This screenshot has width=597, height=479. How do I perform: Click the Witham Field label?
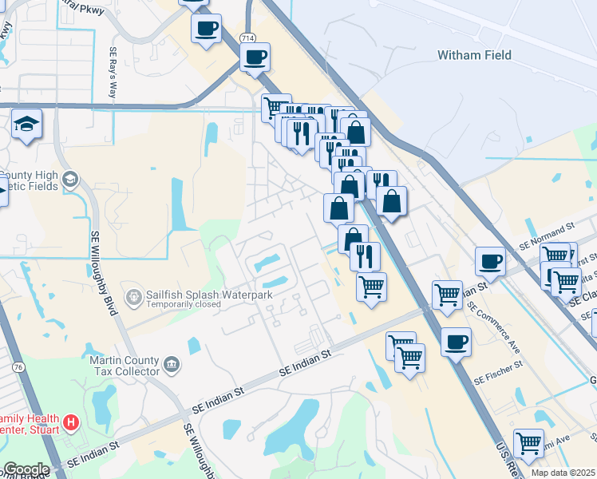point(474,55)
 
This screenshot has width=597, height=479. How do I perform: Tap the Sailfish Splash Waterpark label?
point(209,294)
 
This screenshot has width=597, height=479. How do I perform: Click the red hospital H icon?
point(72,422)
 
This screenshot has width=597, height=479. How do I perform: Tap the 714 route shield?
point(248,38)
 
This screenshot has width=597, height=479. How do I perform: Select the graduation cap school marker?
point(26,125)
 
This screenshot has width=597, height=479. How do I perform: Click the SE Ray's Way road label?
point(113,73)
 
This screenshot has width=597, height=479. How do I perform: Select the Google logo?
point(26,469)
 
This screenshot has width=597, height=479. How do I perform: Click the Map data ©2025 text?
point(563,473)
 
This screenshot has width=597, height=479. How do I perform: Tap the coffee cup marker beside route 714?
point(255,57)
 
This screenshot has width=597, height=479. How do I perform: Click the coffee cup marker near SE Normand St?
point(490,260)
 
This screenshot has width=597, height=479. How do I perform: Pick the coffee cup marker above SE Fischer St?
point(456,342)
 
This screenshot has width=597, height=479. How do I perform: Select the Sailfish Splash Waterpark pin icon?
point(133,299)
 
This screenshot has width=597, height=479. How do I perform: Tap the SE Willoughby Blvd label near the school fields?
point(101,272)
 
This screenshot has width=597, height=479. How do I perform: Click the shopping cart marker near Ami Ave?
point(528,442)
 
